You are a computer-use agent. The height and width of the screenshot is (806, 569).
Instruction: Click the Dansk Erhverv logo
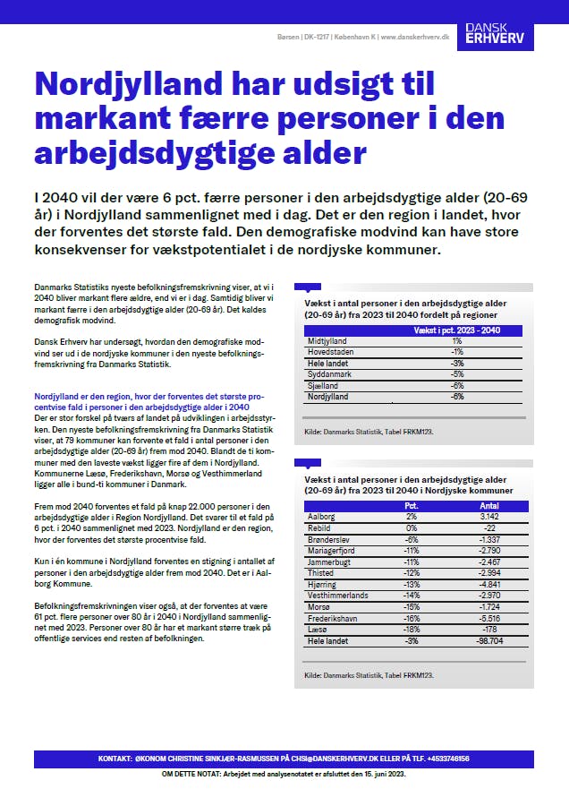[x=501, y=35]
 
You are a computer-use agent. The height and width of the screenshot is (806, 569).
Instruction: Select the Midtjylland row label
[x=327, y=341]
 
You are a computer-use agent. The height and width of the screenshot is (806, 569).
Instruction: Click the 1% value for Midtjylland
[x=456, y=341]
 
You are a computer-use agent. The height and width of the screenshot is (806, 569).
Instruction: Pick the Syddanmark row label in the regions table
[x=328, y=373]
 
